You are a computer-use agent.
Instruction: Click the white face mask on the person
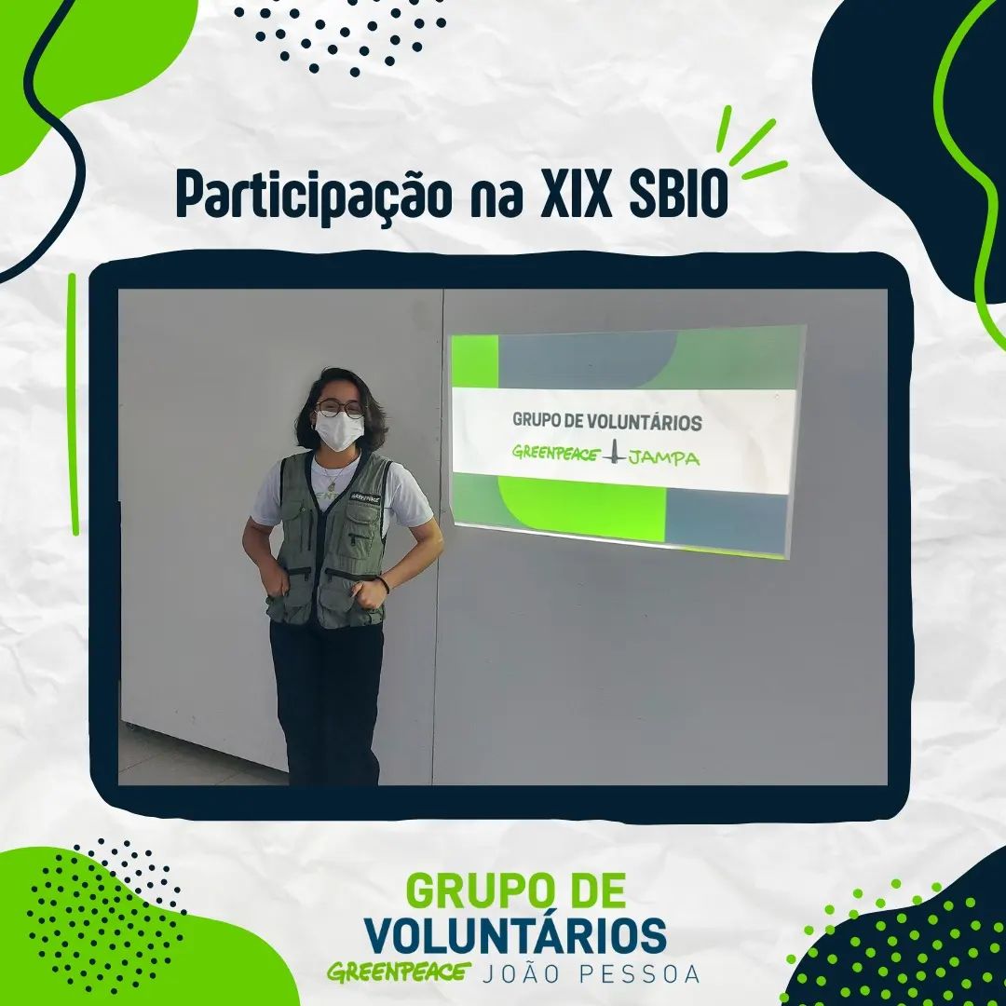(x=339, y=430)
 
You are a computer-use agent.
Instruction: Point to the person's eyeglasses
(x=340, y=408)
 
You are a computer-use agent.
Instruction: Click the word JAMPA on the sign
(x=665, y=458)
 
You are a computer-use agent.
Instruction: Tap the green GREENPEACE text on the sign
(x=556, y=454)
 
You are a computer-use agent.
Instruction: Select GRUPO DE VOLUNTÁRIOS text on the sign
(x=607, y=422)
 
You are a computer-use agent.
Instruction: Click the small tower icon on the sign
(x=616, y=452)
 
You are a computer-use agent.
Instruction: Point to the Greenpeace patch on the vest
(x=365, y=496)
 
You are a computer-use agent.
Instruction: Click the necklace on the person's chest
(x=333, y=475)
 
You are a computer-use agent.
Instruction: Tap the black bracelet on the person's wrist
(x=386, y=583)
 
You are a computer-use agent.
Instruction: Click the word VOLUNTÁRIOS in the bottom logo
(x=515, y=935)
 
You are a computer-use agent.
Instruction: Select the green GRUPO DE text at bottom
(x=516, y=890)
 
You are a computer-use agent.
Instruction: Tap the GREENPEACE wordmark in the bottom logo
(x=399, y=972)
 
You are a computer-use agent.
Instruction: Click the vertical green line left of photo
(x=74, y=404)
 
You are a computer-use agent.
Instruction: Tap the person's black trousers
(x=327, y=702)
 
